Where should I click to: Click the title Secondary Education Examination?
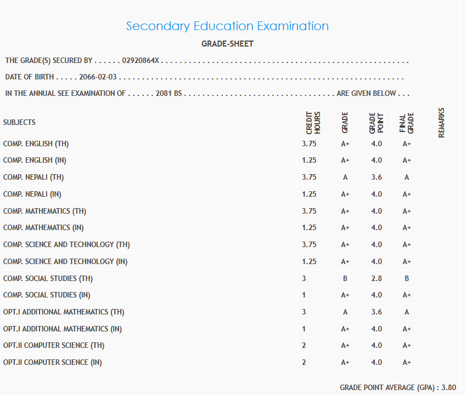coord(227,26)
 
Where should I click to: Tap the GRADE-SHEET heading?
coord(227,44)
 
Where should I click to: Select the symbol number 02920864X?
coord(141,60)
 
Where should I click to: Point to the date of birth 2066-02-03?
coord(98,77)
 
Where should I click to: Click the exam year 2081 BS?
coord(169,93)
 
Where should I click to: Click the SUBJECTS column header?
coord(19,122)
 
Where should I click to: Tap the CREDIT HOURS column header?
coord(313,123)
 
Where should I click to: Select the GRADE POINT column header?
coord(376,123)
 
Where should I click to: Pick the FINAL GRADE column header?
coord(406,123)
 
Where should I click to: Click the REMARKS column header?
coord(441,122)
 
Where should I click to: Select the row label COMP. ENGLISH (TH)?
coord(36,144)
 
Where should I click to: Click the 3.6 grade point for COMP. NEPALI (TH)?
coord(376,178)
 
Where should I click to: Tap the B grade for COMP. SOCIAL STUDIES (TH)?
coord(345,278)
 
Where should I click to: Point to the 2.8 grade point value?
coord(376,278)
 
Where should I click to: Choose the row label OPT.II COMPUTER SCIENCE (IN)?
coord(53,362)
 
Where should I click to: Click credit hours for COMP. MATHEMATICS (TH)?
coord(309,211)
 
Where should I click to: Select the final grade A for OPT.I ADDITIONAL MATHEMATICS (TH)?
coord(407,312)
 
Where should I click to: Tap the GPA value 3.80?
coord(449,387)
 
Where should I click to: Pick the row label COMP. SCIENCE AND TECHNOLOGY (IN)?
coord(65,261)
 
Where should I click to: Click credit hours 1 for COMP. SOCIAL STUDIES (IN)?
coord(304,295)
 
